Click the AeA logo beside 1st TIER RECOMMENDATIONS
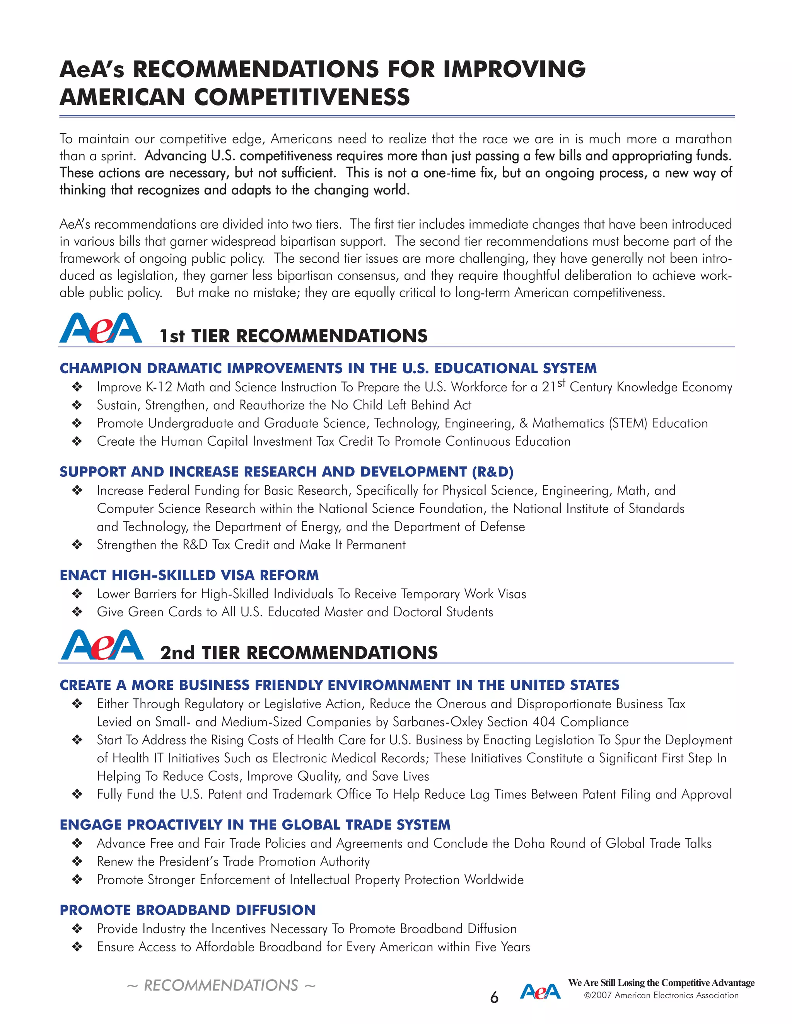pyautogui.click(x=101, y=328)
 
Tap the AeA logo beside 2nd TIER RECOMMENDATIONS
pyautogui.click(x=102, y=645)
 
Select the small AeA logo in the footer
pyautogui.click(x=540, y=992)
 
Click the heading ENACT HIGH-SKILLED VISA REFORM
pyautogui.click(x=189, y=575)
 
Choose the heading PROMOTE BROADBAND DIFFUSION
pyautogui.click(x=187, y=910)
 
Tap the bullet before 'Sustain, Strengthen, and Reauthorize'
pyautogui.click(x=77, y=405)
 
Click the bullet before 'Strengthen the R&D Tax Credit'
pyautogui.click(x=77, y=545)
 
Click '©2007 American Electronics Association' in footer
pyautogui.click(x=661, y=995)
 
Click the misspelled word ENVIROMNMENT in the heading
pyautogui.click(x=389, y=685)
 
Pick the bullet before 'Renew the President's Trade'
pyautogui.click(x=77, y=862)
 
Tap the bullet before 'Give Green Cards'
pyautogui.click(x=77, y=612)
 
